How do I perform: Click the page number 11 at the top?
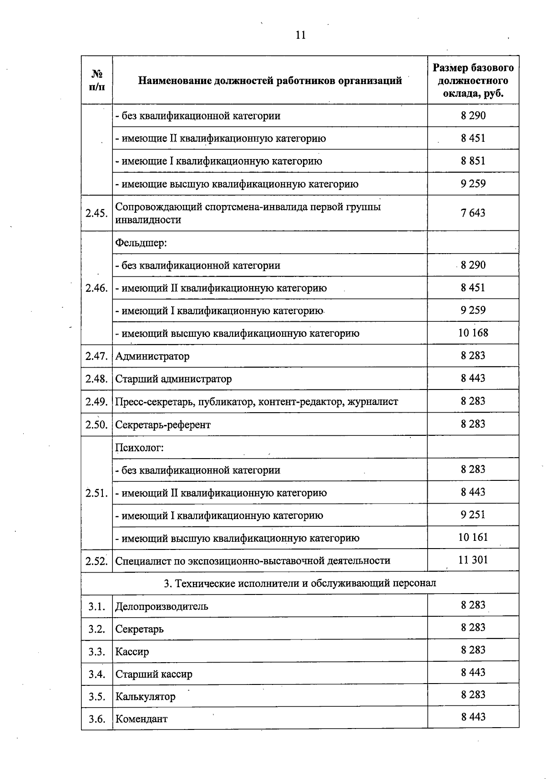point(300,35)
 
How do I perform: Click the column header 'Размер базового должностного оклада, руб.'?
point(473,80)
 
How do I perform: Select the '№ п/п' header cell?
point(97,80)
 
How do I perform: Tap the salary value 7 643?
point(473,213)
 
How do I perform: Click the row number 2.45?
point(96,213)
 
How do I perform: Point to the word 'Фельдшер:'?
point(141,243)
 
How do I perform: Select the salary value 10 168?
point(473,333)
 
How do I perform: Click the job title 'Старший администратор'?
point(173,379)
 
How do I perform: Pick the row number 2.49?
point(96,402)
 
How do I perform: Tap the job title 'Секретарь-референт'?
point(163,425)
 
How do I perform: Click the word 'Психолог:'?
point(139,448)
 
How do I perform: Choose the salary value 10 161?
point(473,537)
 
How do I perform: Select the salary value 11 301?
point(473,560)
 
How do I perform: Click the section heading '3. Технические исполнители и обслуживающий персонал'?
point(300,583)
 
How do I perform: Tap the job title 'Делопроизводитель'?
point(162,606)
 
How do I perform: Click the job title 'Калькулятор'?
point(145,696)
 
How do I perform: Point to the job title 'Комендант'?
point(141,719)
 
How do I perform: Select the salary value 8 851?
point(473,161)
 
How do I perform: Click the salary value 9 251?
point(473,514)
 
